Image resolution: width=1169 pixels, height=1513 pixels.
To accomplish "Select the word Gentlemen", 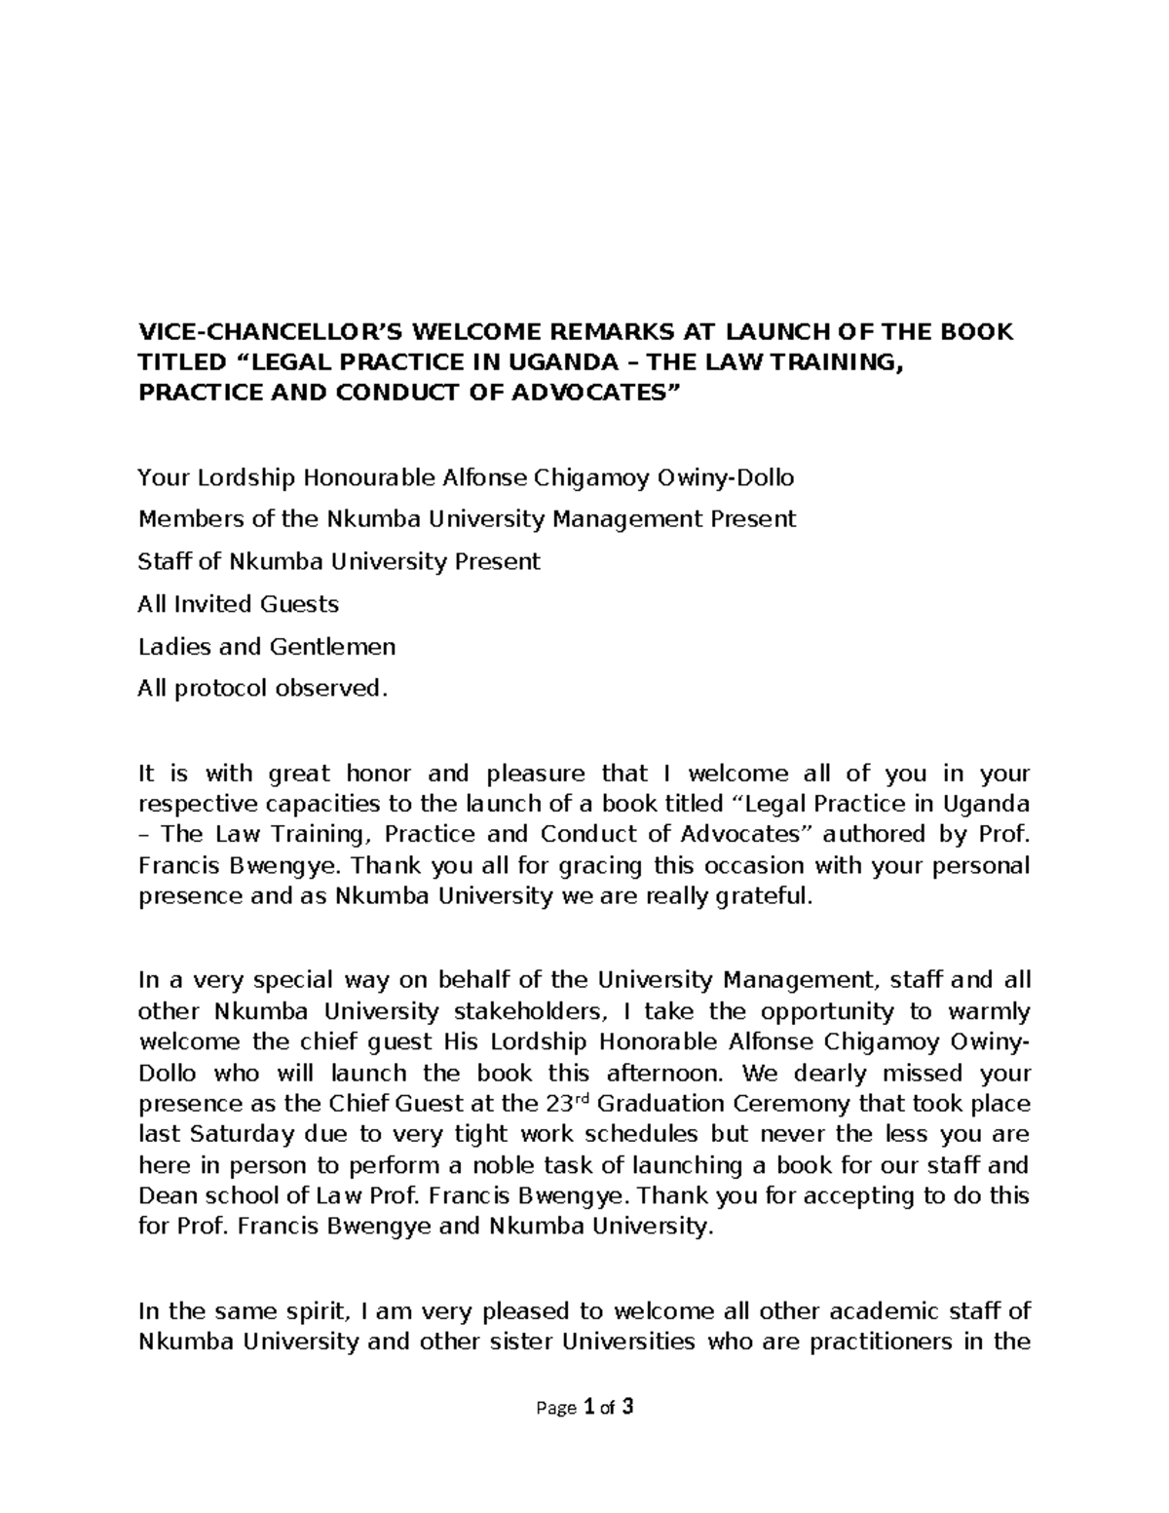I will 332,647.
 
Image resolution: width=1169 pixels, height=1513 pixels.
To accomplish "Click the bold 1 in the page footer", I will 587,1407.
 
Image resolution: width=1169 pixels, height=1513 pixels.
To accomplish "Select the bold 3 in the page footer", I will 628,1407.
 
